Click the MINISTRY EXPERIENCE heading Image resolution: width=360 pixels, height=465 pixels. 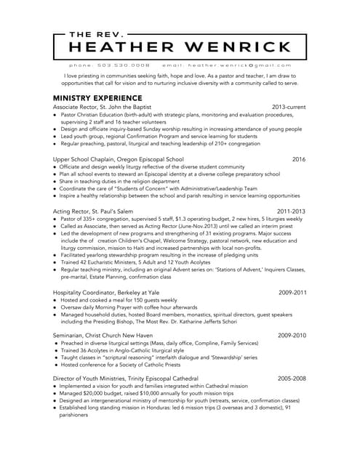[x=97, y=97]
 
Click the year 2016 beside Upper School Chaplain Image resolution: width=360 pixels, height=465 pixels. [x=298, y=158]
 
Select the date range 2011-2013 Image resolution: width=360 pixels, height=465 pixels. [x=291, y=211]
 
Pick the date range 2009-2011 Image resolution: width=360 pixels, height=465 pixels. [x=292, y=292]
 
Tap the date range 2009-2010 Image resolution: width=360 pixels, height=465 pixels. [x=292, y=336]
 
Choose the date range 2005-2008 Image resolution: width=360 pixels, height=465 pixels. [x=292, y=379]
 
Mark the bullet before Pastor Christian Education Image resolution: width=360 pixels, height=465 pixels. [x=55, y=114]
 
